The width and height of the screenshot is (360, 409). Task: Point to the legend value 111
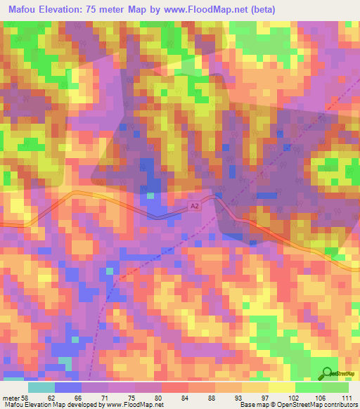346,398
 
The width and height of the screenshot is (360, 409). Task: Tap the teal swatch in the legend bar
41,387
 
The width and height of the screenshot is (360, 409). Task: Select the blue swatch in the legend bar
68,387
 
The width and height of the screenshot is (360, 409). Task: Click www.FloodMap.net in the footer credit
133,405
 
